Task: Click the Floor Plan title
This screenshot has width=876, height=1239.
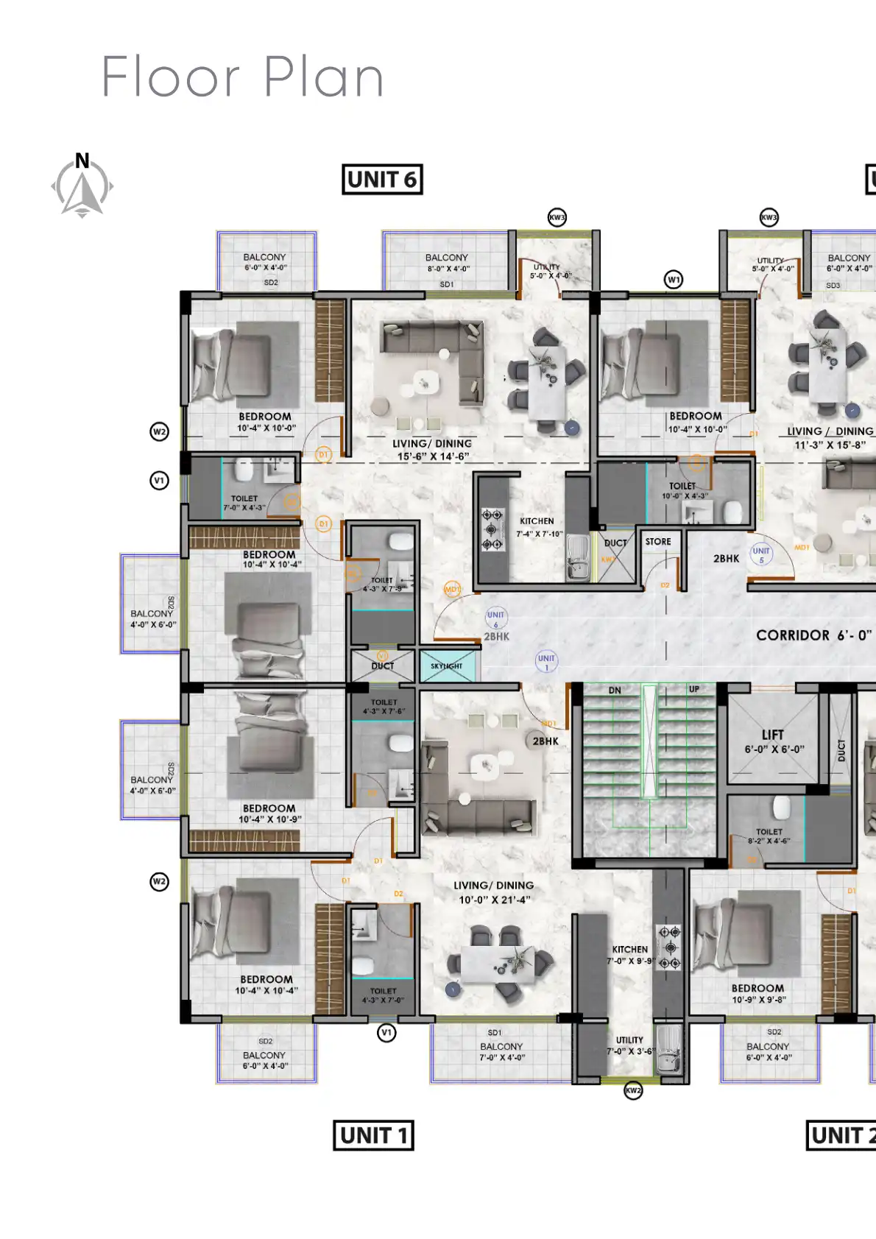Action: (243, 77)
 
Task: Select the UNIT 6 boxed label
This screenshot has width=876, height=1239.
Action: (382, 179)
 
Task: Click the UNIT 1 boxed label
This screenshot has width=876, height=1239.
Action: (373, 1135)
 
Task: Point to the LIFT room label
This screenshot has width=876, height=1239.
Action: (773, 735)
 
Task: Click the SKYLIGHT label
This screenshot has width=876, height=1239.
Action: (446, 666)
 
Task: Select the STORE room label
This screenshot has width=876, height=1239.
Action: (658, 541)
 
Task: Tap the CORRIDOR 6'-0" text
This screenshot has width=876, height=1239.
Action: (813, 635)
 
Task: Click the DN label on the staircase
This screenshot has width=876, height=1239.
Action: (615, 691)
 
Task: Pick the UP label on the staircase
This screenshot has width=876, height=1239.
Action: (694, 689)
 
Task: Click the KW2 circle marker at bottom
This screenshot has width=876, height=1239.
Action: (633, 1090)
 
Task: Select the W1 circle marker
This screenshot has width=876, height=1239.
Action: (674, 279)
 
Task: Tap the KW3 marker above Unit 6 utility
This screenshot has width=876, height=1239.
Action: (557, 217)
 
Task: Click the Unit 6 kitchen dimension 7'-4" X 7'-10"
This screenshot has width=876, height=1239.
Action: (539, 534)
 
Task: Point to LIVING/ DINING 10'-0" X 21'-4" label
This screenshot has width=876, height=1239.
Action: (494, 892)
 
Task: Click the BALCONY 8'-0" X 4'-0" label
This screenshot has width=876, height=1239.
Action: (446, 263)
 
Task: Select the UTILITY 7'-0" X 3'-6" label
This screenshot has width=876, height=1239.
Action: (630, 1045)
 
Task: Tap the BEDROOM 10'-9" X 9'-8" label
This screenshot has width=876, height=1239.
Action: (758, 993)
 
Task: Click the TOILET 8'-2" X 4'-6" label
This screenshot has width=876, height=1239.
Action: (769, 836)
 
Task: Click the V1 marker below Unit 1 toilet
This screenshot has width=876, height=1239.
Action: (386, 1033)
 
